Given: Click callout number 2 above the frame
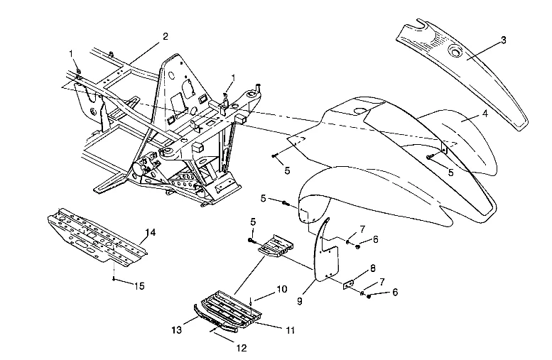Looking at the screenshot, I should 165,36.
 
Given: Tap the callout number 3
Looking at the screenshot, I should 503,40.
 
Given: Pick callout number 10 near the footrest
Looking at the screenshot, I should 262,290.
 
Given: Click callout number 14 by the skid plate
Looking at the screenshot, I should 151,232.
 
